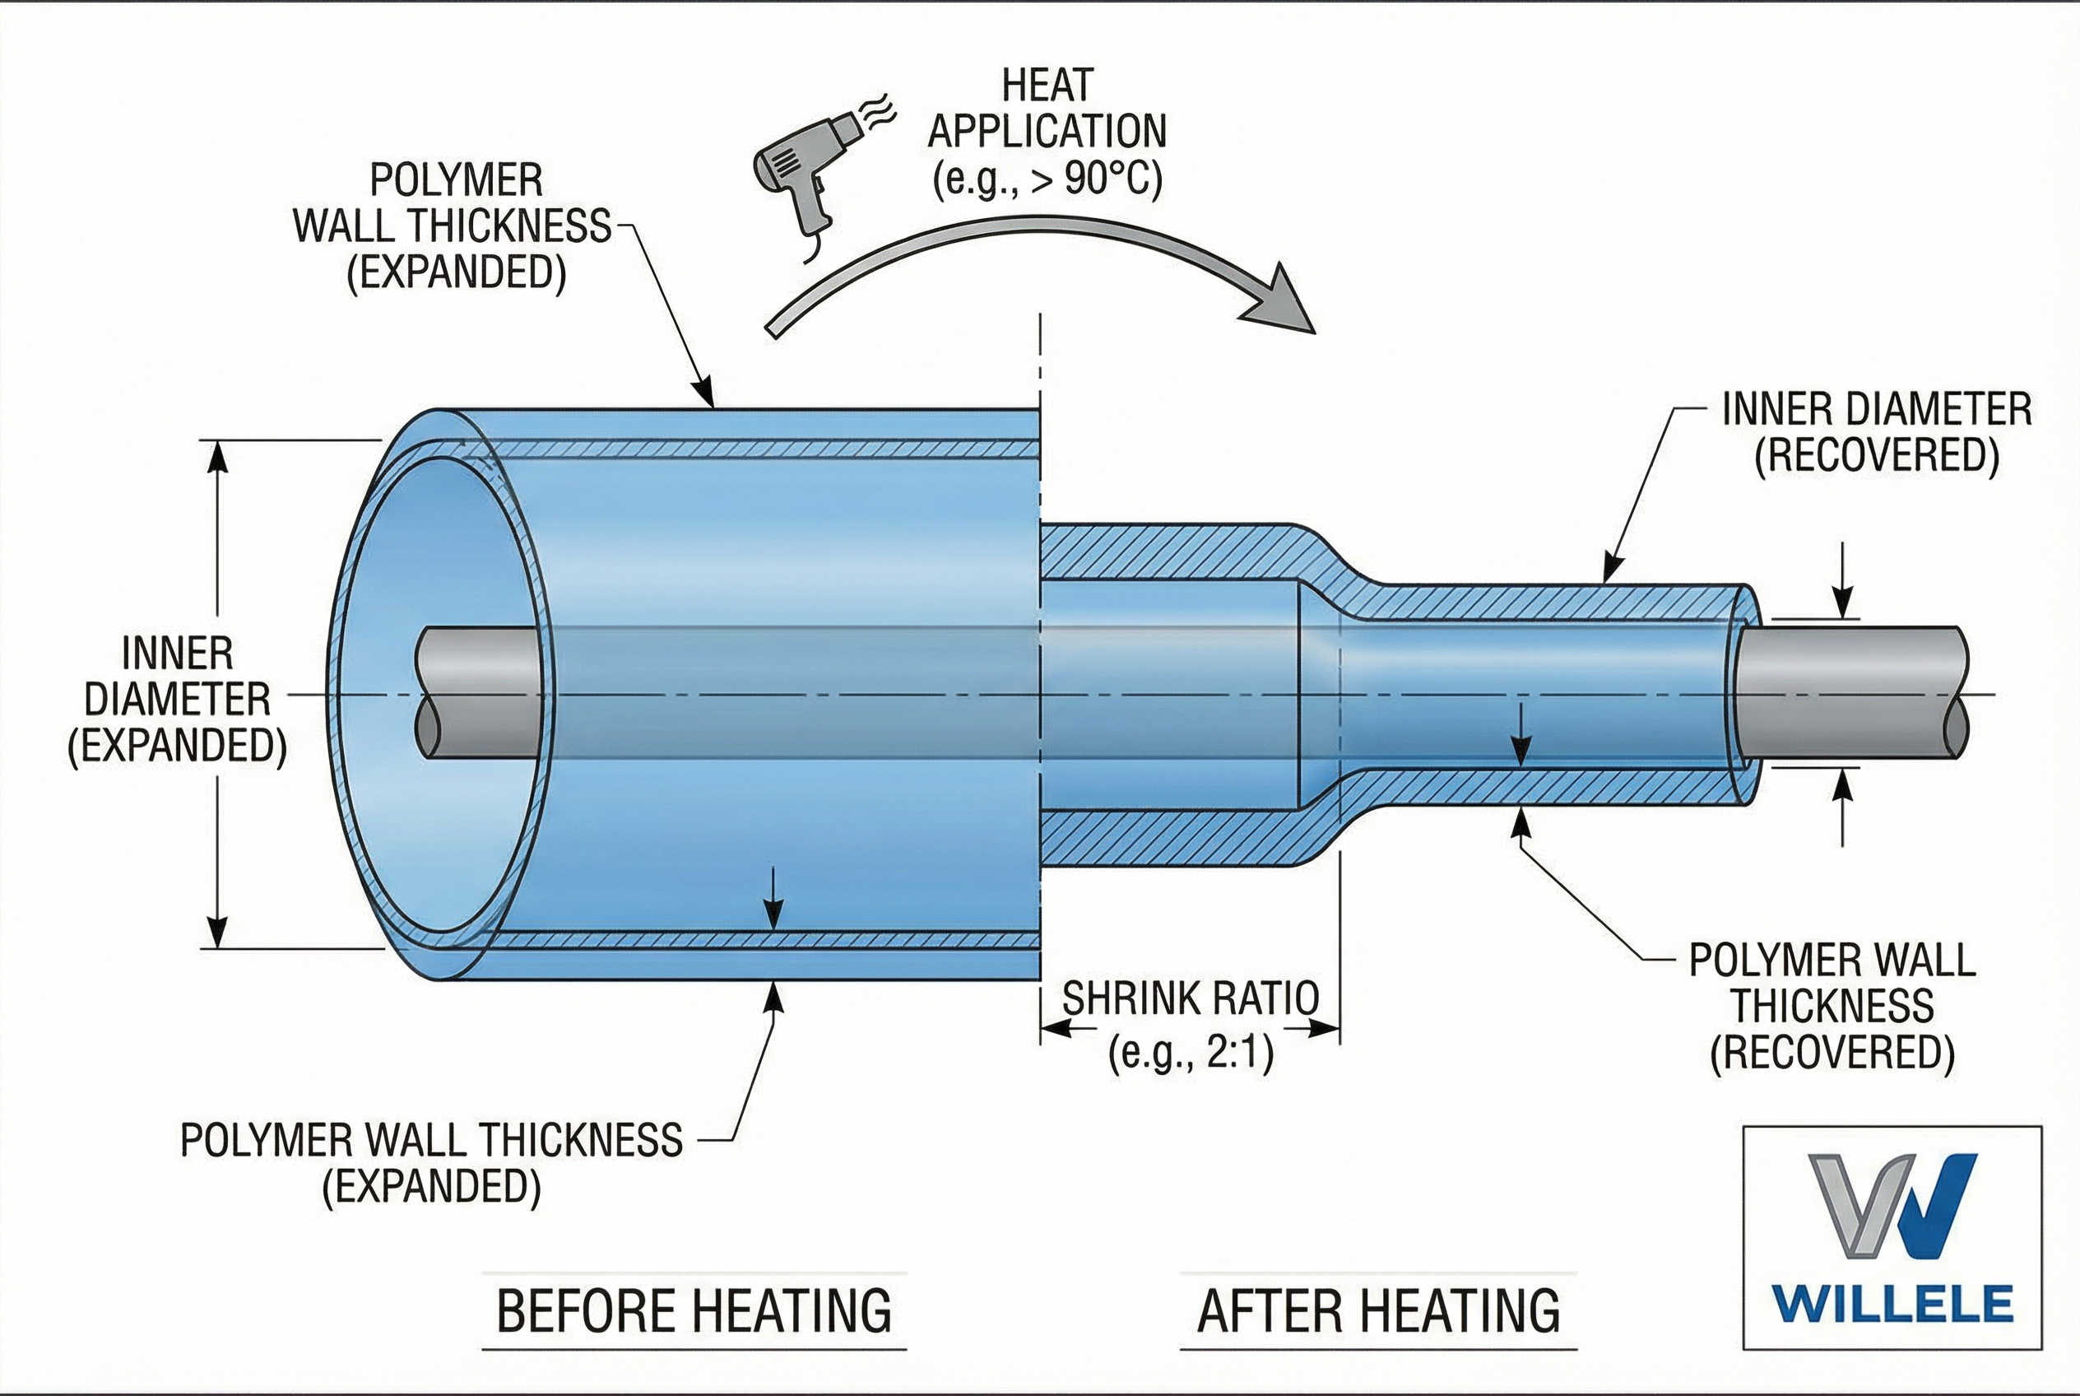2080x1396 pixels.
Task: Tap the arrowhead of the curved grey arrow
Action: (1282, 303)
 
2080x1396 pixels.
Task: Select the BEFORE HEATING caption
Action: (694, 1310)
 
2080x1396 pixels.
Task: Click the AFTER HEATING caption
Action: (1378, 1310)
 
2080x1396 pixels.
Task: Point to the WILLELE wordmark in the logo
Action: (1892, 1305)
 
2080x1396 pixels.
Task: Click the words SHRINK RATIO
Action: (1190, 998)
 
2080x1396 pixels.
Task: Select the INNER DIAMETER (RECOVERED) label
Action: (1876, 433)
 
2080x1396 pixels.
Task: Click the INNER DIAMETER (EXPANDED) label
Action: (177, 700)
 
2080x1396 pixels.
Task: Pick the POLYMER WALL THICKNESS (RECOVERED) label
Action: (1832, 1007)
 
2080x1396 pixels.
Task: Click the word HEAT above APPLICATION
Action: (1047, 86)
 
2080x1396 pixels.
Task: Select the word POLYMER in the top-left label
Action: (456, 181)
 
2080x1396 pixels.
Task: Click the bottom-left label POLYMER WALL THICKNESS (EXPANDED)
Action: (432, 1162)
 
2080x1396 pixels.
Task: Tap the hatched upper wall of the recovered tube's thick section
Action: (1166, 552)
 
